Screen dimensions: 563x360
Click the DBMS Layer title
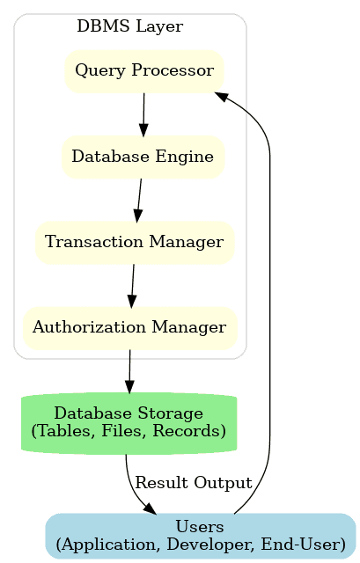click(129, 26)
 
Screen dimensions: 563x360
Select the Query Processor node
click(143, 70)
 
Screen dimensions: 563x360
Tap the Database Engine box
click(143, 157)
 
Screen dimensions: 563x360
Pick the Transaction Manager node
click(134, 242)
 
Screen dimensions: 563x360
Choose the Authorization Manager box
click(129, 327)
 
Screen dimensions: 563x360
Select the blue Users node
click(200, 536)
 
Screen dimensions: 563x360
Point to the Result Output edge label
click(194, 483)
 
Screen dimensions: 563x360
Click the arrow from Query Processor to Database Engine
click(143, 113)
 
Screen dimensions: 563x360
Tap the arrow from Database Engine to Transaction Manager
click(139, 200)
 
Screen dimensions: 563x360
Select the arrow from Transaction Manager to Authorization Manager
click(132, 285)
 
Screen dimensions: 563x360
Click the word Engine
click(190, 157)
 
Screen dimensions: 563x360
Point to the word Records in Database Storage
click(195, 431)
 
